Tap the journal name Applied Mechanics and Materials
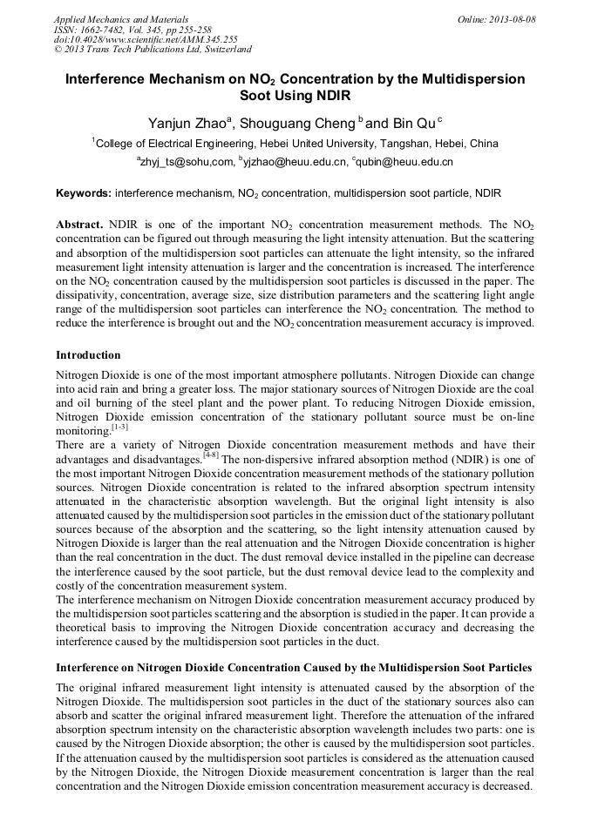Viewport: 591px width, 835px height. [121, 19]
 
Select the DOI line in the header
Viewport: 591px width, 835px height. [146, 40]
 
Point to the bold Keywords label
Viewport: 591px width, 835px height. [84, 192]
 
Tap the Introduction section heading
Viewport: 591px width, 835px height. [88, 355]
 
